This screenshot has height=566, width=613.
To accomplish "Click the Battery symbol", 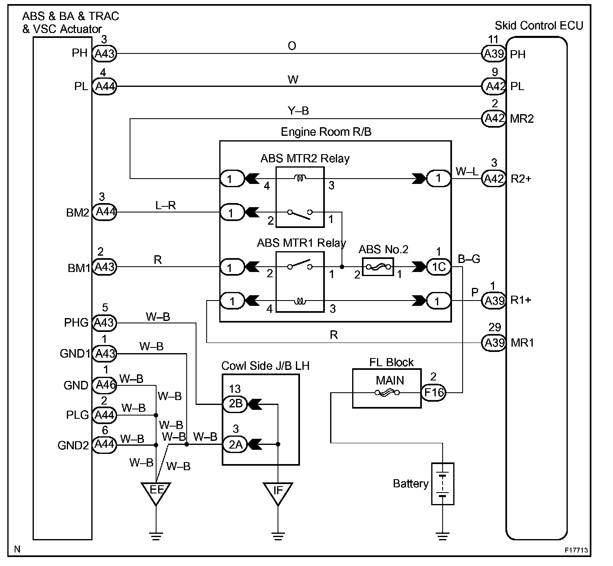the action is click(x=442, y=484).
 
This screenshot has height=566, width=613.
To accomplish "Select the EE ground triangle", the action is click(x=156, y=493).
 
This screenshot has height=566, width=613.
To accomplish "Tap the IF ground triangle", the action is click(x=278, y=493).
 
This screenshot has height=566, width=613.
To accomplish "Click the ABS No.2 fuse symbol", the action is click(x=378, y=266).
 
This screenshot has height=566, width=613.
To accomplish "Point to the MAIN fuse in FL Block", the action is click(x=387, y=393).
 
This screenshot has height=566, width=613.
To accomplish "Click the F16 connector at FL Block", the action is click(x=433, y=392).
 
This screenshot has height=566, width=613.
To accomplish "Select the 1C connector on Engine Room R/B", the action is click(x=438, y=267).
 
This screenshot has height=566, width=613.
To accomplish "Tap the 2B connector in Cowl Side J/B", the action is click(x=235, y=404).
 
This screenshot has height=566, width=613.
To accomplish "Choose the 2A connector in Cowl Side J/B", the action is click(x=235, y=444).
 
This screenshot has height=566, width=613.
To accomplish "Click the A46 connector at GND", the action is click(x=105, y=385).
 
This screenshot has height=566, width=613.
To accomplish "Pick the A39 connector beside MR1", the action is click(x=494, y=343).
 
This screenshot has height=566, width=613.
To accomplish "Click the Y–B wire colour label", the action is click(x=298, y=111).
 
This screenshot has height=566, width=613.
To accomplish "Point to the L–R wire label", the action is click(x=165, y=205).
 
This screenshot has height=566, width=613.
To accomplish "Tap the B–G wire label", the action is click(x=469, y=259).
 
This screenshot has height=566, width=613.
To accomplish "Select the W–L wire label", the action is click(x=467, y=171).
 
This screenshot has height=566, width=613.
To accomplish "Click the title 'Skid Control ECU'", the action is click(x=539, y=26).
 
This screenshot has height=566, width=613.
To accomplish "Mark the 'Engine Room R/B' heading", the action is click(x=326, y=132).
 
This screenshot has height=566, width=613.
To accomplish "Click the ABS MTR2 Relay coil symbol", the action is click(x=300, y=178).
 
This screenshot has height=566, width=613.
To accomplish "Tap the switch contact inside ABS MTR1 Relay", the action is click(x=300, y=265).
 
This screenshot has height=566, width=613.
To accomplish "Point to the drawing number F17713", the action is click(x=576, y=550).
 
